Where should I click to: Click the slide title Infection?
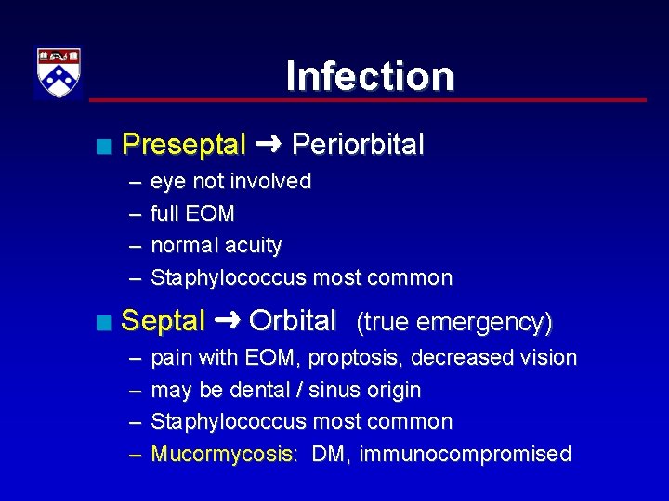click(370, 76)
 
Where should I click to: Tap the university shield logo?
click(59, 72)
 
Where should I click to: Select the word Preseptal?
click(183, 145)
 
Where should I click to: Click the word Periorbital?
click(358, 145)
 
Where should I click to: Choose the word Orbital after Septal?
click(293, 321)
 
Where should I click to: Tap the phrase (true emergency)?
click(454, 322)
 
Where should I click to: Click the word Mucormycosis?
click(223, 454)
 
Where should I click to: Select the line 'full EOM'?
click(192, 213)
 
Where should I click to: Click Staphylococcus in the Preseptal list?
click(228, 277)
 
